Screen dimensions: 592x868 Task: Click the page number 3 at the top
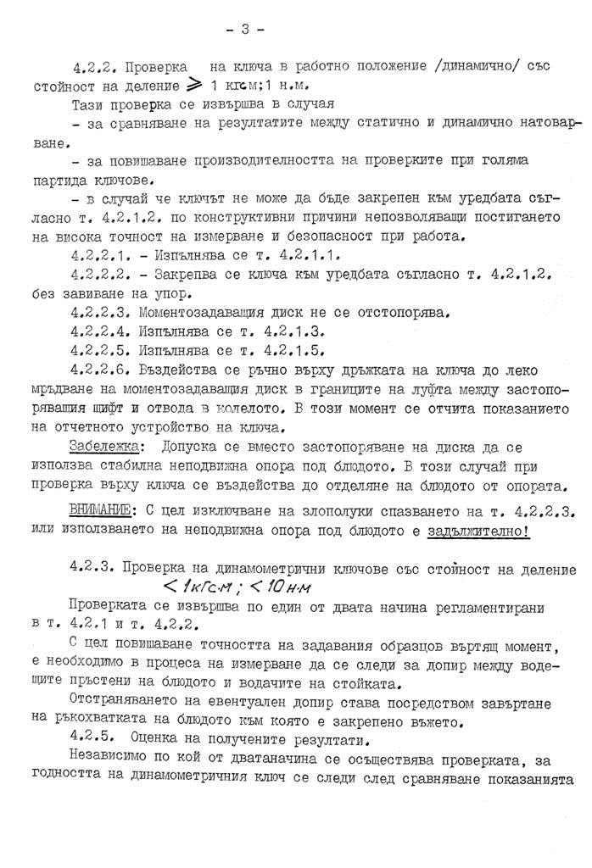click(245, 30)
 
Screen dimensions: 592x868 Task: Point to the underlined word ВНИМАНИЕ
click(101, 509)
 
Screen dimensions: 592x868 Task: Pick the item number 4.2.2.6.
click(100, 370)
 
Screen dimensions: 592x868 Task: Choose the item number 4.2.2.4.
click(100, 331)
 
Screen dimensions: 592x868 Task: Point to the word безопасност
click(330, 236)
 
